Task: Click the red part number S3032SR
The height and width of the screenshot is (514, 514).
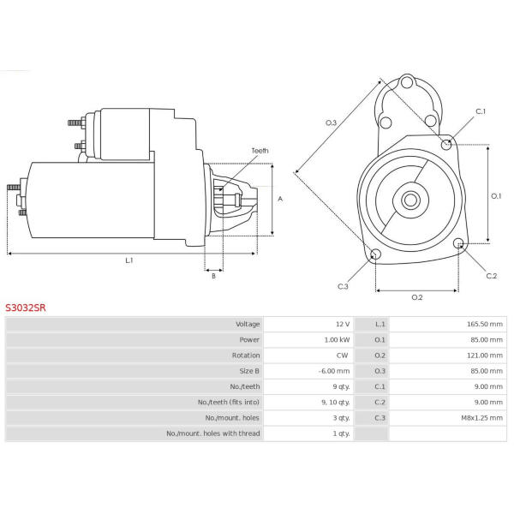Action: (26, 308)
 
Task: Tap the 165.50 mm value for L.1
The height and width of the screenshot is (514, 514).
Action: (485, 324)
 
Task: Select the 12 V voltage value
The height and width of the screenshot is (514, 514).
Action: (343, 324)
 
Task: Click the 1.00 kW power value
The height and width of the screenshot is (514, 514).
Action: (337, 339)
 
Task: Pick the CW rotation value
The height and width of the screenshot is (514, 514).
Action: (342, 356)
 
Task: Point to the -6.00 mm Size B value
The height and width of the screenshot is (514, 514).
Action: (334, 371)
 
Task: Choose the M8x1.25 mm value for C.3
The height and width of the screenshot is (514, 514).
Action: (481, 418)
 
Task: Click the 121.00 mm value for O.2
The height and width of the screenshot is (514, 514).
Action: (485, 356)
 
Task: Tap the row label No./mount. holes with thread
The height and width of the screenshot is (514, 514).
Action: (213, 433)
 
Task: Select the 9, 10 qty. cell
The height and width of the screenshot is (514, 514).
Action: (335, 403)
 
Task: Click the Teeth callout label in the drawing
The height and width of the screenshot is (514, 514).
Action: (260, 151)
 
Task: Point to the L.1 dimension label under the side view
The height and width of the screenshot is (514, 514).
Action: (129, 260)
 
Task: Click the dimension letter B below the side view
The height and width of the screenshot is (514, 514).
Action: (213, 276)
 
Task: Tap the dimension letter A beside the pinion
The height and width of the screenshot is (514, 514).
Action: (280, 199)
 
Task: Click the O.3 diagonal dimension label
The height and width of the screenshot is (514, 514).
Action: (331, 123)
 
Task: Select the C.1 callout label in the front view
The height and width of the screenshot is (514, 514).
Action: (481, 111)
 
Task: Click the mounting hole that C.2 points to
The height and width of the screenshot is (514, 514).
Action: (458, 243)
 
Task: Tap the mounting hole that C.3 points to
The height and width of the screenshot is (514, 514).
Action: (375, 254)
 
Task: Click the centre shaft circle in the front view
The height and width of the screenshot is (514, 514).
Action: (410, 200)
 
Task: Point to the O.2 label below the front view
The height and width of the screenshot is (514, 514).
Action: (417, 297)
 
